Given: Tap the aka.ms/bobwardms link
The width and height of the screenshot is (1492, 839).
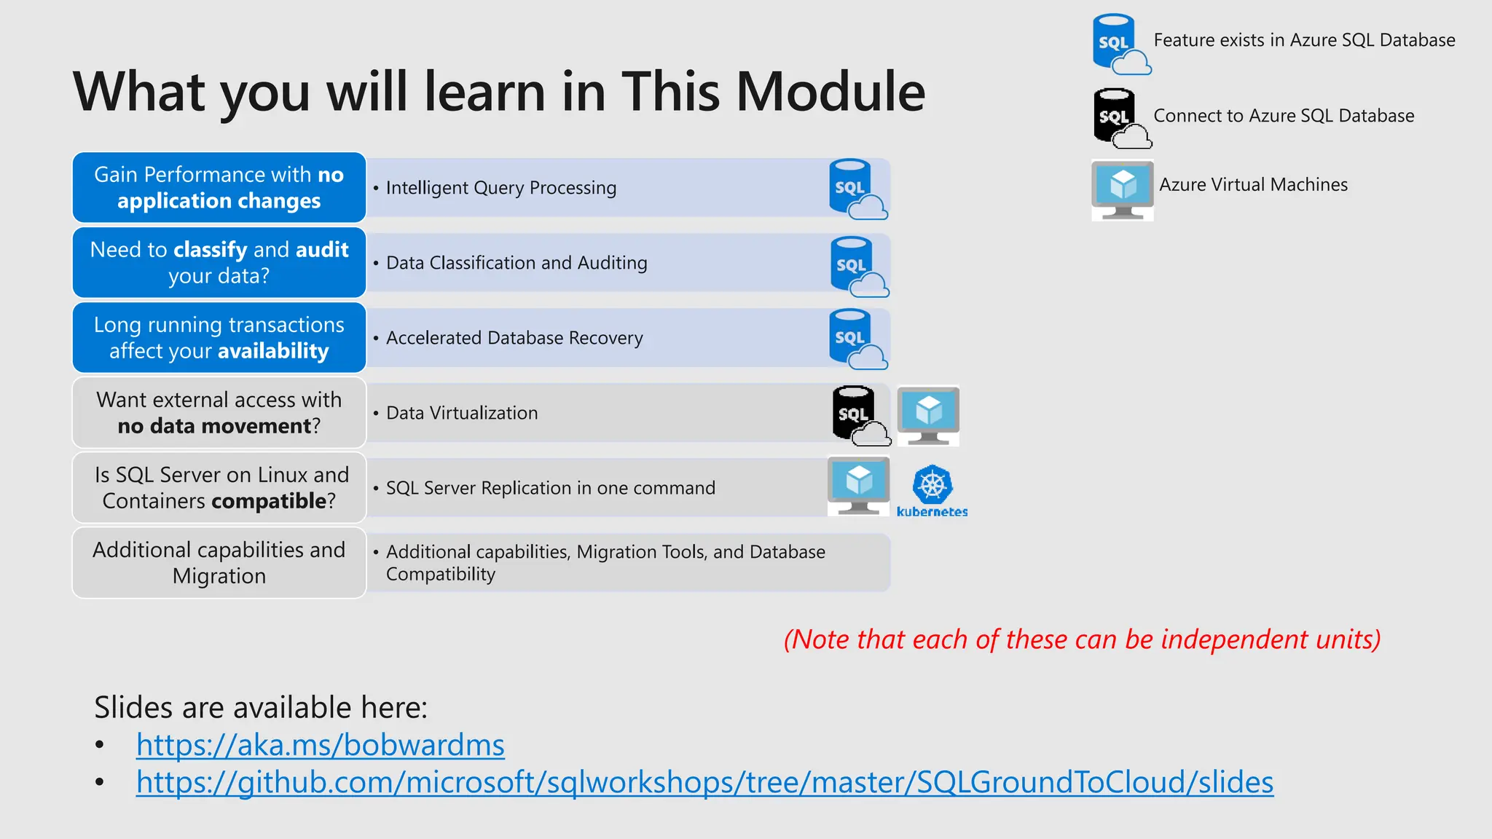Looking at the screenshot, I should (320, 745).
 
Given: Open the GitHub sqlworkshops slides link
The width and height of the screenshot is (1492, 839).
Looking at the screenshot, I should (704, 782).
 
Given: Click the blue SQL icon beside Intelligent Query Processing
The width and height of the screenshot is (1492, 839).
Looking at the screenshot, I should (855, 189).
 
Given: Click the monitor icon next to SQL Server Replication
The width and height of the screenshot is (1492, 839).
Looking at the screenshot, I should (858, 486).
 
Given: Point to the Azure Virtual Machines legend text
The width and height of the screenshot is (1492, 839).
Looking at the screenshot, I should (1253, 185).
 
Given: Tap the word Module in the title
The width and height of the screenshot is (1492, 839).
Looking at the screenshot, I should (831, 92).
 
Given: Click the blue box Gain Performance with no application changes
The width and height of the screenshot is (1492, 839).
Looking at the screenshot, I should (219, 188).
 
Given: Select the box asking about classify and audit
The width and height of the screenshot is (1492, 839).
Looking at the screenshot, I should (219, 263).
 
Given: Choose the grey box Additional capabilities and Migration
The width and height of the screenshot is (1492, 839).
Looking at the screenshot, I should (219, 563).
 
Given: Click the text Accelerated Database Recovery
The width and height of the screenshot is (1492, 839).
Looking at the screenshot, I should (514, 338).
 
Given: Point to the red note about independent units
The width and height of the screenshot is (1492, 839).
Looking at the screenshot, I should (1082, 639).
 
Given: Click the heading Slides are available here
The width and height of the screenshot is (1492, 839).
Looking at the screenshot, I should (261, 707).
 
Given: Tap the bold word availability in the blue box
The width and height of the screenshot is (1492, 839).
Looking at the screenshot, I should (273, 351).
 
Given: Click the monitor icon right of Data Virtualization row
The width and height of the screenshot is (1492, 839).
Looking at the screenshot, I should (928, 415).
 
